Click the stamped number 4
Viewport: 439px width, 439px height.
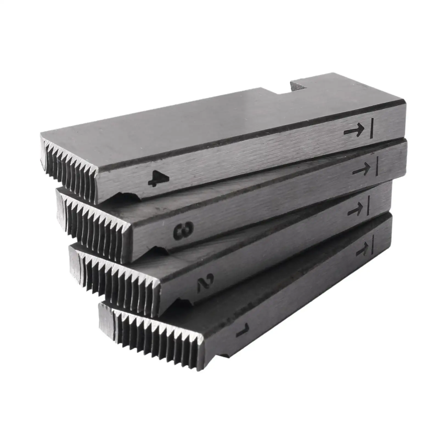[x=159, y=178]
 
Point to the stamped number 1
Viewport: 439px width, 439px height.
[x=243, y=330]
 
